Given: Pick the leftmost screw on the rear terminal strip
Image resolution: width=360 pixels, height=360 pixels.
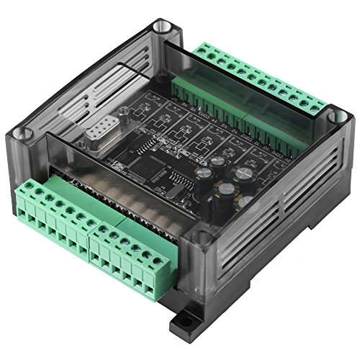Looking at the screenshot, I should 197,51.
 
